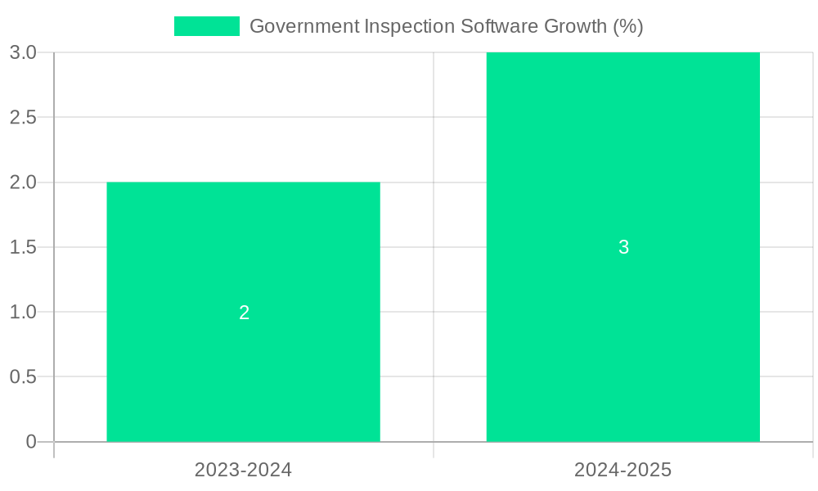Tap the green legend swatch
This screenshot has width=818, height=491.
pos(206,26)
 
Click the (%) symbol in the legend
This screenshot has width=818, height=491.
pos(628,26)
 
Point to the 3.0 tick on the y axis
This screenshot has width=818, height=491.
pos(23,52)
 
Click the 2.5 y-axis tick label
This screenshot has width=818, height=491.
pos(23,117)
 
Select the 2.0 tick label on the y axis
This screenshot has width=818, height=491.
pos(23,182)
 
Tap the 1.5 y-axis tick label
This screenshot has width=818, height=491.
pos(23,247)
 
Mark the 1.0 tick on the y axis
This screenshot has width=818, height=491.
pos(23,312)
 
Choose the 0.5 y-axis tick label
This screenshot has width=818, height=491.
pos(23,377)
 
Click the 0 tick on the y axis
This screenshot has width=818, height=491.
pos(31,442)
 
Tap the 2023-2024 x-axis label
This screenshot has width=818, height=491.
pos(243,470)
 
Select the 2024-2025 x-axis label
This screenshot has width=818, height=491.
pos(622,470)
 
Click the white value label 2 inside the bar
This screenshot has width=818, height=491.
pos(244,313)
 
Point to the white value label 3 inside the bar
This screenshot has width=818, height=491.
pos(623,247)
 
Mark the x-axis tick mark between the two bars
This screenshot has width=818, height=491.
pos(434,450)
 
